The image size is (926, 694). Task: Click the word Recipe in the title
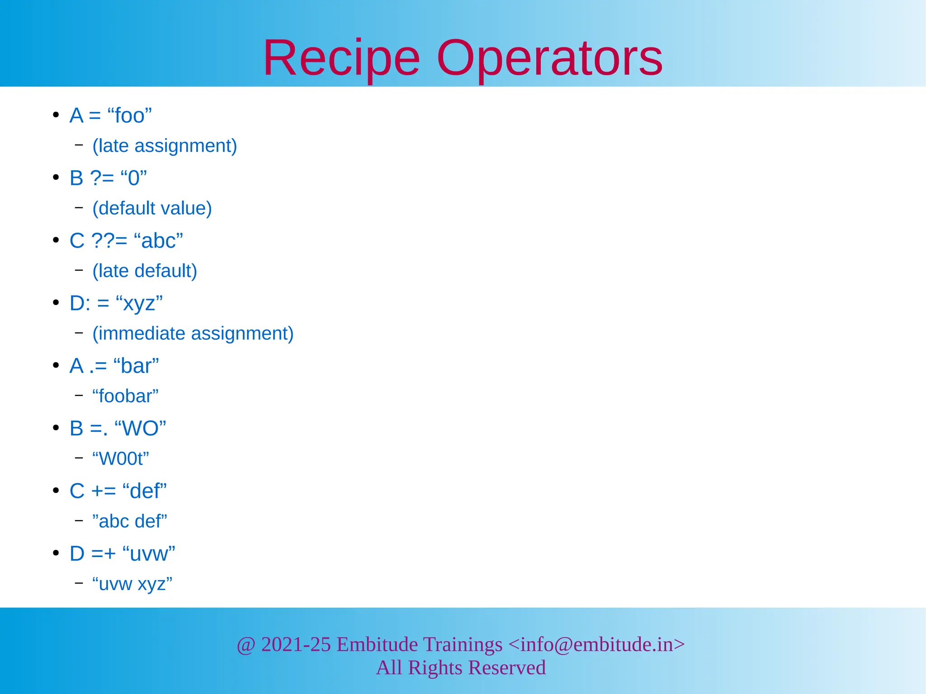point(341,59)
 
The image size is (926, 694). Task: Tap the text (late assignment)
point(165,146)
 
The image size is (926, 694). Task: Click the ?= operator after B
point(102,178)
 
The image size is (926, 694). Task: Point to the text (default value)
point(152,208)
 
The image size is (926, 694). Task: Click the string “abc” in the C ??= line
point(159,241)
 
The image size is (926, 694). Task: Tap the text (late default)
point(145,271)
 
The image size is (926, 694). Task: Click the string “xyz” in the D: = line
point(139,303)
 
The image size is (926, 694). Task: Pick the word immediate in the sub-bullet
point(142,333)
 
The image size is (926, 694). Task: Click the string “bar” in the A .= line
point(136,366)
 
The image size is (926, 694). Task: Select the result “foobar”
point(125,396)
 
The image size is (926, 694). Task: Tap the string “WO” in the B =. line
point(140,428)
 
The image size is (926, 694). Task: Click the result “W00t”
point(120,459)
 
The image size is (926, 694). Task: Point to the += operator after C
point(104,491)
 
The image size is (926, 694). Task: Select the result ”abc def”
point(129,521)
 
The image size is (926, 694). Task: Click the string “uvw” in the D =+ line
point(149,553)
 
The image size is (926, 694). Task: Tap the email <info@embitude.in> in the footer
point(596,644)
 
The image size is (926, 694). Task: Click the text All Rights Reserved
point(461,668)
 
